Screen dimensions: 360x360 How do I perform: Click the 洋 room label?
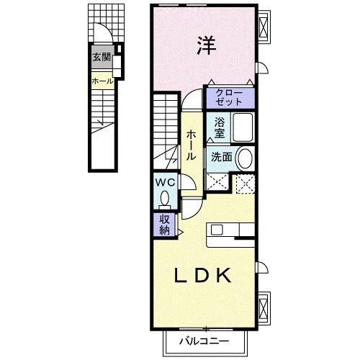[x=207, y=45]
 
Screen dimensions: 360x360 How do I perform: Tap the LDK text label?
[x=203, y=275]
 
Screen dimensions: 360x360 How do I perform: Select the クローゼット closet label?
[x=229, y=97]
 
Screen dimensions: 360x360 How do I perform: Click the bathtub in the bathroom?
[x=243, y=127]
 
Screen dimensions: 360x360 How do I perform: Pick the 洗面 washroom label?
[x=222, y=157]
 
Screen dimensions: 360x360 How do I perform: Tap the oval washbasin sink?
[x=245, y=158]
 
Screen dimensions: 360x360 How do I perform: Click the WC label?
[x=165, y=183]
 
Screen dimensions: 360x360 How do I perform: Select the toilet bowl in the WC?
[x=165, y=199]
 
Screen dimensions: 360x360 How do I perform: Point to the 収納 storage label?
[x=165, y=225]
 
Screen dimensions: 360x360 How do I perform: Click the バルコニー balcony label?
[x=204, y=341]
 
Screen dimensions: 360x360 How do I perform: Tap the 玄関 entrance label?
[x=102, y=58]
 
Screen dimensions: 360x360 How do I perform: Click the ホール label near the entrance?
[x=102, y=81]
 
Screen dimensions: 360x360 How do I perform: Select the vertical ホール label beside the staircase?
[x=192, y=145]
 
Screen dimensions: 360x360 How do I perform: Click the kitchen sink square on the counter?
[x=217, y=230]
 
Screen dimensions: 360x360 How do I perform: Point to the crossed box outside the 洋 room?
[x=264, y=27]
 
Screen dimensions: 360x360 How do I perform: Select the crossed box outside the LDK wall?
[x=264, y=308]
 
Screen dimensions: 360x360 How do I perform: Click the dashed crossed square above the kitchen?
[x=246, y=184]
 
